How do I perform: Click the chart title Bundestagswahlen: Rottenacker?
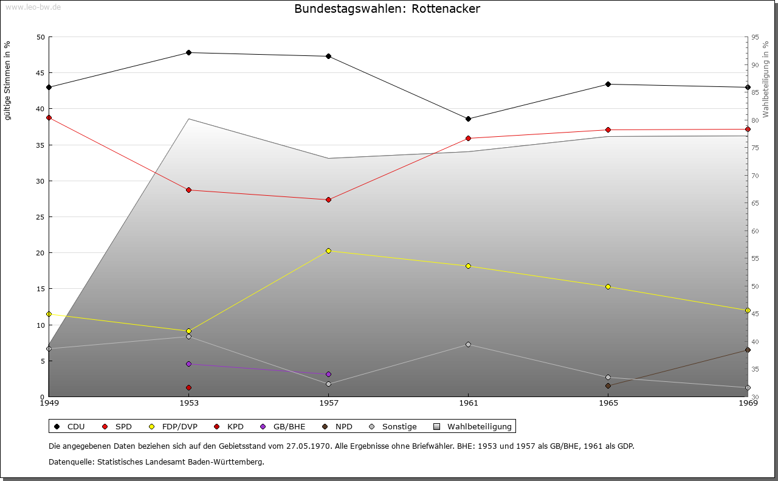click(387, 9)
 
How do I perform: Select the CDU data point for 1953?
click(188, 52)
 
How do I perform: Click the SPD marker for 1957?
click(328, 199)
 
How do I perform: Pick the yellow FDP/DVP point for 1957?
click(328, 251)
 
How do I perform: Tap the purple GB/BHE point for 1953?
click(188, 364)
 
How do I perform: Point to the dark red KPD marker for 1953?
click(188, 387)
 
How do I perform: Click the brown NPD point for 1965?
click(608, 386)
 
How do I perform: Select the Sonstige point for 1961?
click(468, 344)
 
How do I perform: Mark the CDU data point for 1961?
click(468, 119)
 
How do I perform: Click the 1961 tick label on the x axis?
click(468, 403)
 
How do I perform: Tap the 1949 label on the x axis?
click(49, 403)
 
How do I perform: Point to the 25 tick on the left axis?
click(40, 217)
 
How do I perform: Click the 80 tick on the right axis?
click(755, 120)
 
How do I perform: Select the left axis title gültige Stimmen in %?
click(7, 81)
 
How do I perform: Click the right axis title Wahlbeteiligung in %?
click(766, 79)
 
